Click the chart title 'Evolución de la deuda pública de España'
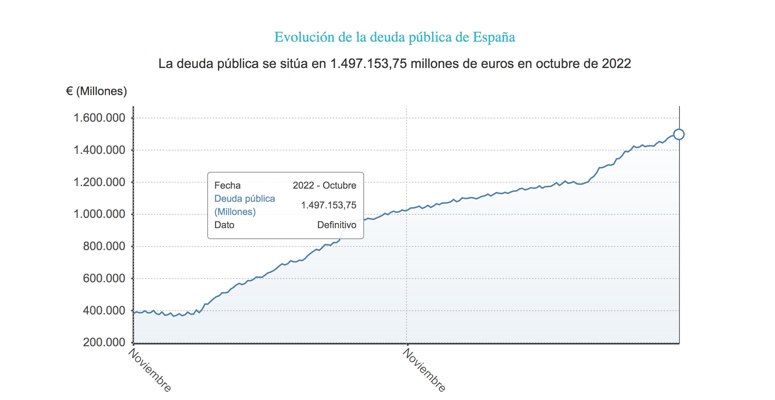(394, 37)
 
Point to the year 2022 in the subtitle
(616, 64)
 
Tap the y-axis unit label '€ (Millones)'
(96, 91)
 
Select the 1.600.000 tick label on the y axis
(99, 118)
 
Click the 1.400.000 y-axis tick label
(99, 150)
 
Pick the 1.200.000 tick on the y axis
(99, 182)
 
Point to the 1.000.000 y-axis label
(99, 214)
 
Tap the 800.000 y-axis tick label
(104, 246)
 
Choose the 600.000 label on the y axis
(104, 278)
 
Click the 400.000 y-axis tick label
(104, 310)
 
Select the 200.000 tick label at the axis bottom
(104, 342)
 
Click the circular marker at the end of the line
(679, 135)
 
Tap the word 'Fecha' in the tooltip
(227, 185)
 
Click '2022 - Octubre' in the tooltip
(324, 185)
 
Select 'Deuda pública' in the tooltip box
(245, 199)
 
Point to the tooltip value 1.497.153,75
(329, 205)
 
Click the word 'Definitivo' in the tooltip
(337, 225)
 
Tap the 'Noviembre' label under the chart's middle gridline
(424, 370)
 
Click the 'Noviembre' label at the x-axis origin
(150, 370)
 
